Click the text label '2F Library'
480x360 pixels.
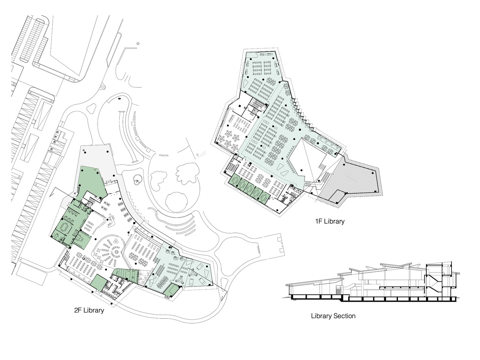(89, 310)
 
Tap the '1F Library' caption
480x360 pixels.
(330, 221)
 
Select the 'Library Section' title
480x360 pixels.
(333, 316)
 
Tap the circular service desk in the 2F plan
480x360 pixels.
(116, 252)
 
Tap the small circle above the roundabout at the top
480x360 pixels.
(138, 44)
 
